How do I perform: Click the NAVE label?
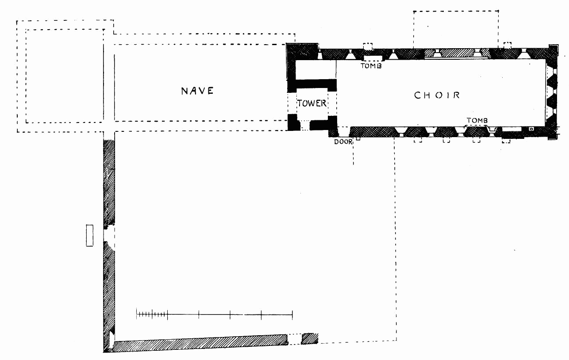coord(197,91)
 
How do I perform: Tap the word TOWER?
coord(311,103)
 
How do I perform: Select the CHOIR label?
coord(437,95)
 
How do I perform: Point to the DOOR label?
coord(343,142)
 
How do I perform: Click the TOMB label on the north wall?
coord(370,66)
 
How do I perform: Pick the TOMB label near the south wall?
coord(477,120)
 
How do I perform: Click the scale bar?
coord(215,314)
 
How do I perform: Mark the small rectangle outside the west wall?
coord(90,235)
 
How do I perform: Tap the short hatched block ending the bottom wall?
coord(310,338)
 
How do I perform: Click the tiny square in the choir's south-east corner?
coord(531,129)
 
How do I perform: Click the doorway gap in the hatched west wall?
coord(109,234)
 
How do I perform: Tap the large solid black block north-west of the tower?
coord(302,54)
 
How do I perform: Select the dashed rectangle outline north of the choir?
coord(456,29)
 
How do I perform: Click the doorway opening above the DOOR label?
coord(343,131)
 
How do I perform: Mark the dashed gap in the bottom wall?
coord(295,339)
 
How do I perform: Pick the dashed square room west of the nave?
coord(64,76)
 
